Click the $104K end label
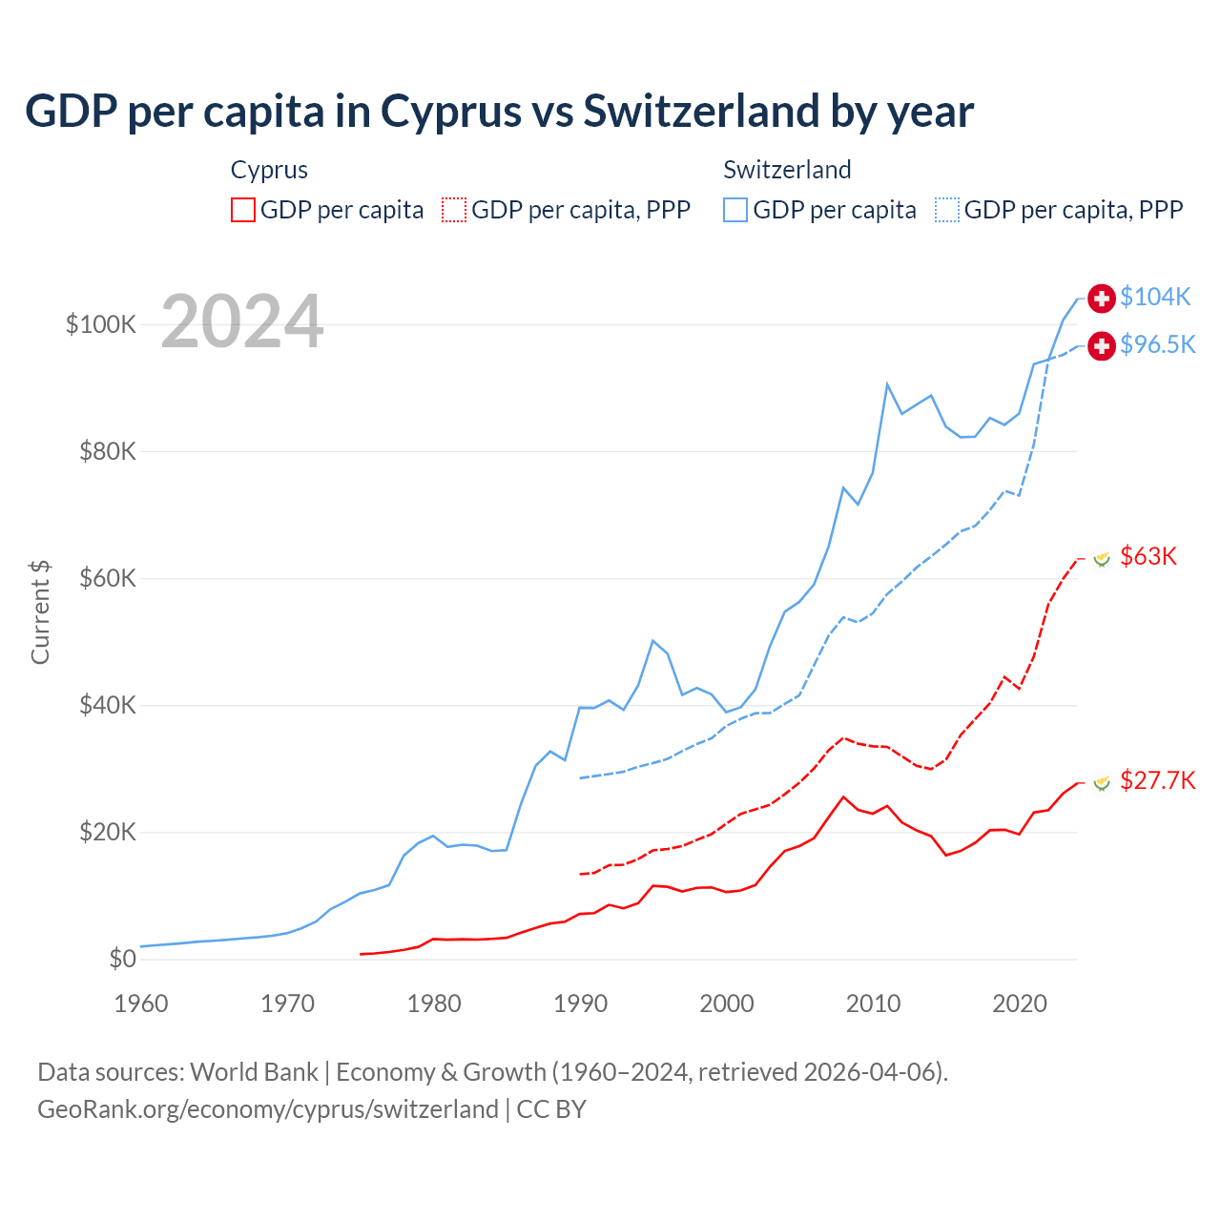pos(1155,298)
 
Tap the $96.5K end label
pos(1157,344)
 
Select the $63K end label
pos(1149,556)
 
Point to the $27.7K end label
pos(1157,781)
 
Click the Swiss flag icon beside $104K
pos(1102,298)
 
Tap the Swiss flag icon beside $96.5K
pos(1102,345)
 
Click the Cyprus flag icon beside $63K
pos(1102,557)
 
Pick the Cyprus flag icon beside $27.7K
pos(1102,782)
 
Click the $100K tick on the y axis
pos(101,324)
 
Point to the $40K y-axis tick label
pos(108,706)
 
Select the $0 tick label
pos(122,960)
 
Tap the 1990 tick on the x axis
pos(580,1004)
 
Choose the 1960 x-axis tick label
pos(141,1004)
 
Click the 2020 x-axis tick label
pos(1020,1004)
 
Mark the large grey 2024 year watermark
pos(242,321)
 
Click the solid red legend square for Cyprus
pos(243,210)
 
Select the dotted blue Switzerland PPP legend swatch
pos(947,210)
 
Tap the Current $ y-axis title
pos(40,611)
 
